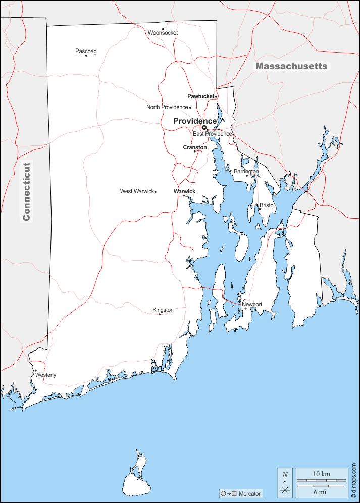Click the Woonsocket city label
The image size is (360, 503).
pos(163,33)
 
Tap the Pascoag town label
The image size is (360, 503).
pos(86,51)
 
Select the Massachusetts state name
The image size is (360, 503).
pos(291,66)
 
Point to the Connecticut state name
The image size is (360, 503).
pos(27,191)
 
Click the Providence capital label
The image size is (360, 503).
pos(194,121)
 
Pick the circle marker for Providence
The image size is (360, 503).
pos(204,128)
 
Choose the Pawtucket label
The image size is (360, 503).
pos(200,96)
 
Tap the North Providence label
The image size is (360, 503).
pos(167,107)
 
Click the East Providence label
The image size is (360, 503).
pos(212,134)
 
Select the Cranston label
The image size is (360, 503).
pos(195,147)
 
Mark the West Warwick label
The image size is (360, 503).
pos(136,191)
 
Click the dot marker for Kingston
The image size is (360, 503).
pos(160,314)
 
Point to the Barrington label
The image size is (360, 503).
pos(246,172)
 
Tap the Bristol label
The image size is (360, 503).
pos(267,206)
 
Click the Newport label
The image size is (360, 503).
pos(252,304)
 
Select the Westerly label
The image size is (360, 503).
pos(45,375)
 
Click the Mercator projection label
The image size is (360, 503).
pos(249,493)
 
